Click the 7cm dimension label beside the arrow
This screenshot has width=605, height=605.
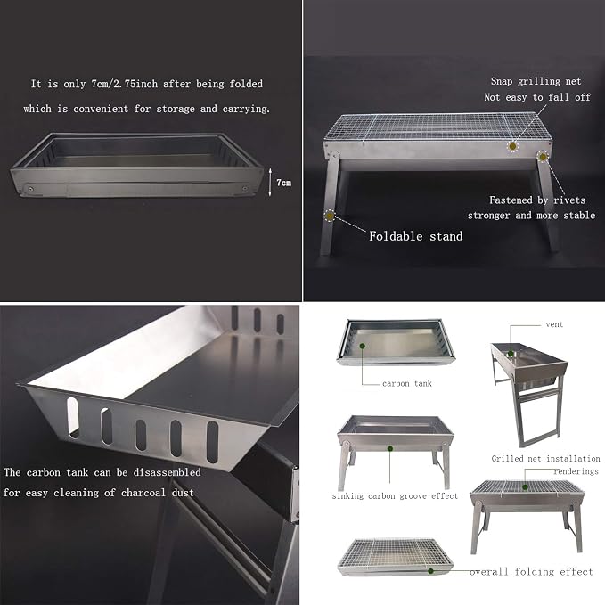[283, 183]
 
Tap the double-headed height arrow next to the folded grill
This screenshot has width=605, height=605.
[270, 182]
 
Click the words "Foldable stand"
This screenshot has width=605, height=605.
[415, 236]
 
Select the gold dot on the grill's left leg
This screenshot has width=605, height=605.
[330, 216]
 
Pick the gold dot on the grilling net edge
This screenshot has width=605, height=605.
[512, 146]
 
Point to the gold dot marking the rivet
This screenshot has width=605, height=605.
[543, 157]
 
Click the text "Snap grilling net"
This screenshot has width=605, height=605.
[536, 81]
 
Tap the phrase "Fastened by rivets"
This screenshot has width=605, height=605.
[537, 200]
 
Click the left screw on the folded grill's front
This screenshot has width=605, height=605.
[30, 189]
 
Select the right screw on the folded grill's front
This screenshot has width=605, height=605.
[245, 188]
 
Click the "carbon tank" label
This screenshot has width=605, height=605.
[407, 383]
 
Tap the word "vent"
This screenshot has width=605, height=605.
[554, 324]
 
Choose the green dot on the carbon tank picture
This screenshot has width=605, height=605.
[363, 346]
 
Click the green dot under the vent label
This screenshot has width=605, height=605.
[511, 354]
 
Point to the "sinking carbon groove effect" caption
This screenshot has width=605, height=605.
[395, 495]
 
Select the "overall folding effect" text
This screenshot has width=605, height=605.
[531, 571]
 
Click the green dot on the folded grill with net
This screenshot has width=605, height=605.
[430, 571]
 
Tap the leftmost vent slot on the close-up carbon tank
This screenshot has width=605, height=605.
[73, 418]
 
